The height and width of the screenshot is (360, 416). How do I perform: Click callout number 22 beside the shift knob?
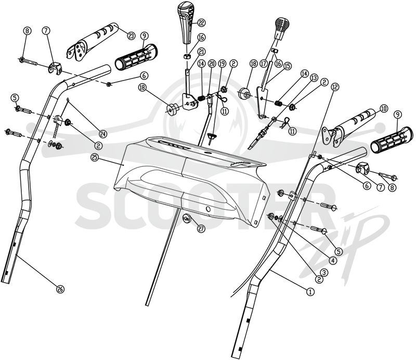(x=201, y=23)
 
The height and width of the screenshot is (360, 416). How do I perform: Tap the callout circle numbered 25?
(x=94, y=158)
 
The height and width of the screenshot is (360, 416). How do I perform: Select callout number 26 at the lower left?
(x=60, y=289)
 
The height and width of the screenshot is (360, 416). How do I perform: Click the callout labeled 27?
(x=201, y=229)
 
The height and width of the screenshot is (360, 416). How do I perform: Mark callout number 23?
(x=131, y=36)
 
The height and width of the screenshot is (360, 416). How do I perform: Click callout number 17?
(x=263, y=63)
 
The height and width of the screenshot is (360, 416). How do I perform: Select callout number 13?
(x=314, y=78)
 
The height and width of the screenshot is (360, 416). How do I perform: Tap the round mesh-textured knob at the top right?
(x=282, y=28)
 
